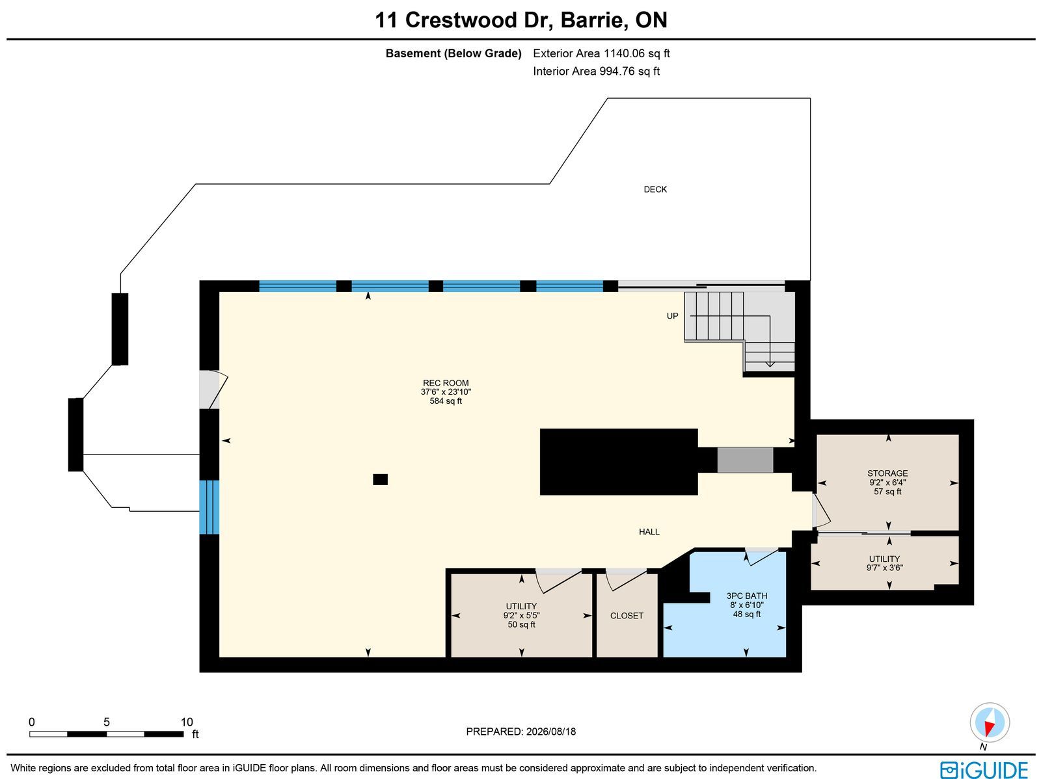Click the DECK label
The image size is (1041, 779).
655,189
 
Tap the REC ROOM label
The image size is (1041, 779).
445,383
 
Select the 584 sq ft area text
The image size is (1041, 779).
445,401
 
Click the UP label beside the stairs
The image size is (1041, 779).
672,316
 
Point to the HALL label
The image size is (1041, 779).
649,532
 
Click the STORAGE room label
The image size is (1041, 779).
887,473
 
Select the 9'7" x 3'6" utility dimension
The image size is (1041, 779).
884,568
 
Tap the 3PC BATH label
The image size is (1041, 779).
746,596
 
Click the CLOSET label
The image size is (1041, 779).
627,616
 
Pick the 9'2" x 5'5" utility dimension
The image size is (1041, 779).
521,616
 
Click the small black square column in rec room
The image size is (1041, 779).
380,479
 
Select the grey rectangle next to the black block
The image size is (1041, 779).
744,460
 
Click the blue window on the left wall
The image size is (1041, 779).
209,507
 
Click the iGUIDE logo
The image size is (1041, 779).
984,769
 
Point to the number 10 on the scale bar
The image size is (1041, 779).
187,722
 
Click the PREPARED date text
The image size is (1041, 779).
520,732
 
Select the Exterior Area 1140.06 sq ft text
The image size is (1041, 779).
601,53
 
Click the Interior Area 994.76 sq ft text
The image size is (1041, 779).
596,71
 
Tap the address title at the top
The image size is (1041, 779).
520,20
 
